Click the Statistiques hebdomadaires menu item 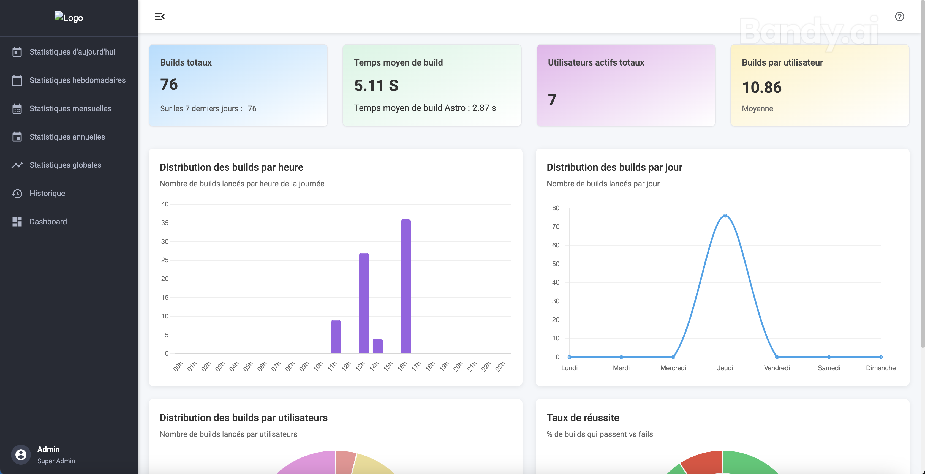[x=77, y=80]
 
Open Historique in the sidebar [x=47, y=193]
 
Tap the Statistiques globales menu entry [x=65, y=165]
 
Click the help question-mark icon [x=899, y=17]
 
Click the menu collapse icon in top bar [x=159, y=17]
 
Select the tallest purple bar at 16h [x=406, y=286]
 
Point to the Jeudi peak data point [x=725, y=216]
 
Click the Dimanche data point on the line [x=880, y=357]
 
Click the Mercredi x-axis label [x=673, y=368]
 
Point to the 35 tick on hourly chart [x=165, y=223]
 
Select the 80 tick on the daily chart [x=556, y=208]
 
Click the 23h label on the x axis [x=500, y=366]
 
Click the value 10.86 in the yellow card [x=762, y=87]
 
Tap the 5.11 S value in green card [x=376, y=85]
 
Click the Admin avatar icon [x=21, y=455]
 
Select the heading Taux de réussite [x=583, y=418]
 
